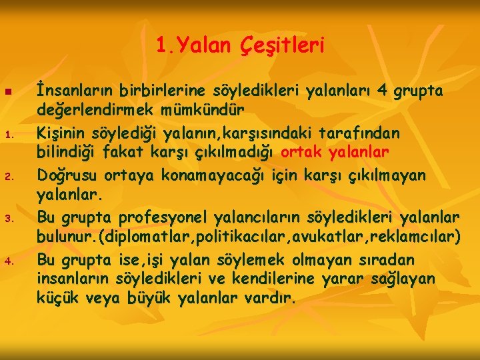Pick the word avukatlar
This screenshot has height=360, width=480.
[324, 239]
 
